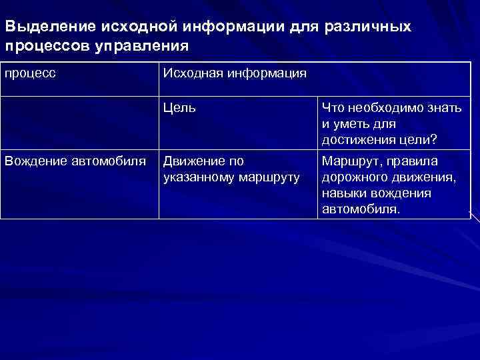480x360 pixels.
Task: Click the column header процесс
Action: point(30,73)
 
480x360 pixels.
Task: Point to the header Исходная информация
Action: point(235,73)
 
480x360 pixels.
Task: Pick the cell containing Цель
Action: point(179,108)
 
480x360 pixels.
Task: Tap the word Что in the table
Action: point(333,108)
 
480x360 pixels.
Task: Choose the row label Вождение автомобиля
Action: point(75,161)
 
